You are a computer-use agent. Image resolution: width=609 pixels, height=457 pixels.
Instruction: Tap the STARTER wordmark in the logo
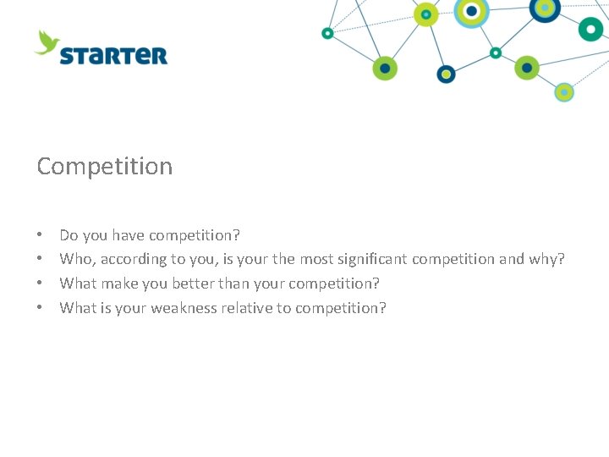(113, 56)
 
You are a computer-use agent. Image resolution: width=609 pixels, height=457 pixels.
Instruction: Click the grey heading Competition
(105, 167)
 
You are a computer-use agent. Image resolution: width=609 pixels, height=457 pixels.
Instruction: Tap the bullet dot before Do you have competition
(41, 234)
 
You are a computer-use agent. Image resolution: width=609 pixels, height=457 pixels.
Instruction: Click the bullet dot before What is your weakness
(41, 308)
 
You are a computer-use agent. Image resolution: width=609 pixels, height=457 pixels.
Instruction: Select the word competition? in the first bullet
(195, 234)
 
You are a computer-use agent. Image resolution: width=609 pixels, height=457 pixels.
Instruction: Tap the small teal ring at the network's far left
(327, 33)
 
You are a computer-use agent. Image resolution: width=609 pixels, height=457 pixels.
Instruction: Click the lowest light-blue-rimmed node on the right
(564, 91)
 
